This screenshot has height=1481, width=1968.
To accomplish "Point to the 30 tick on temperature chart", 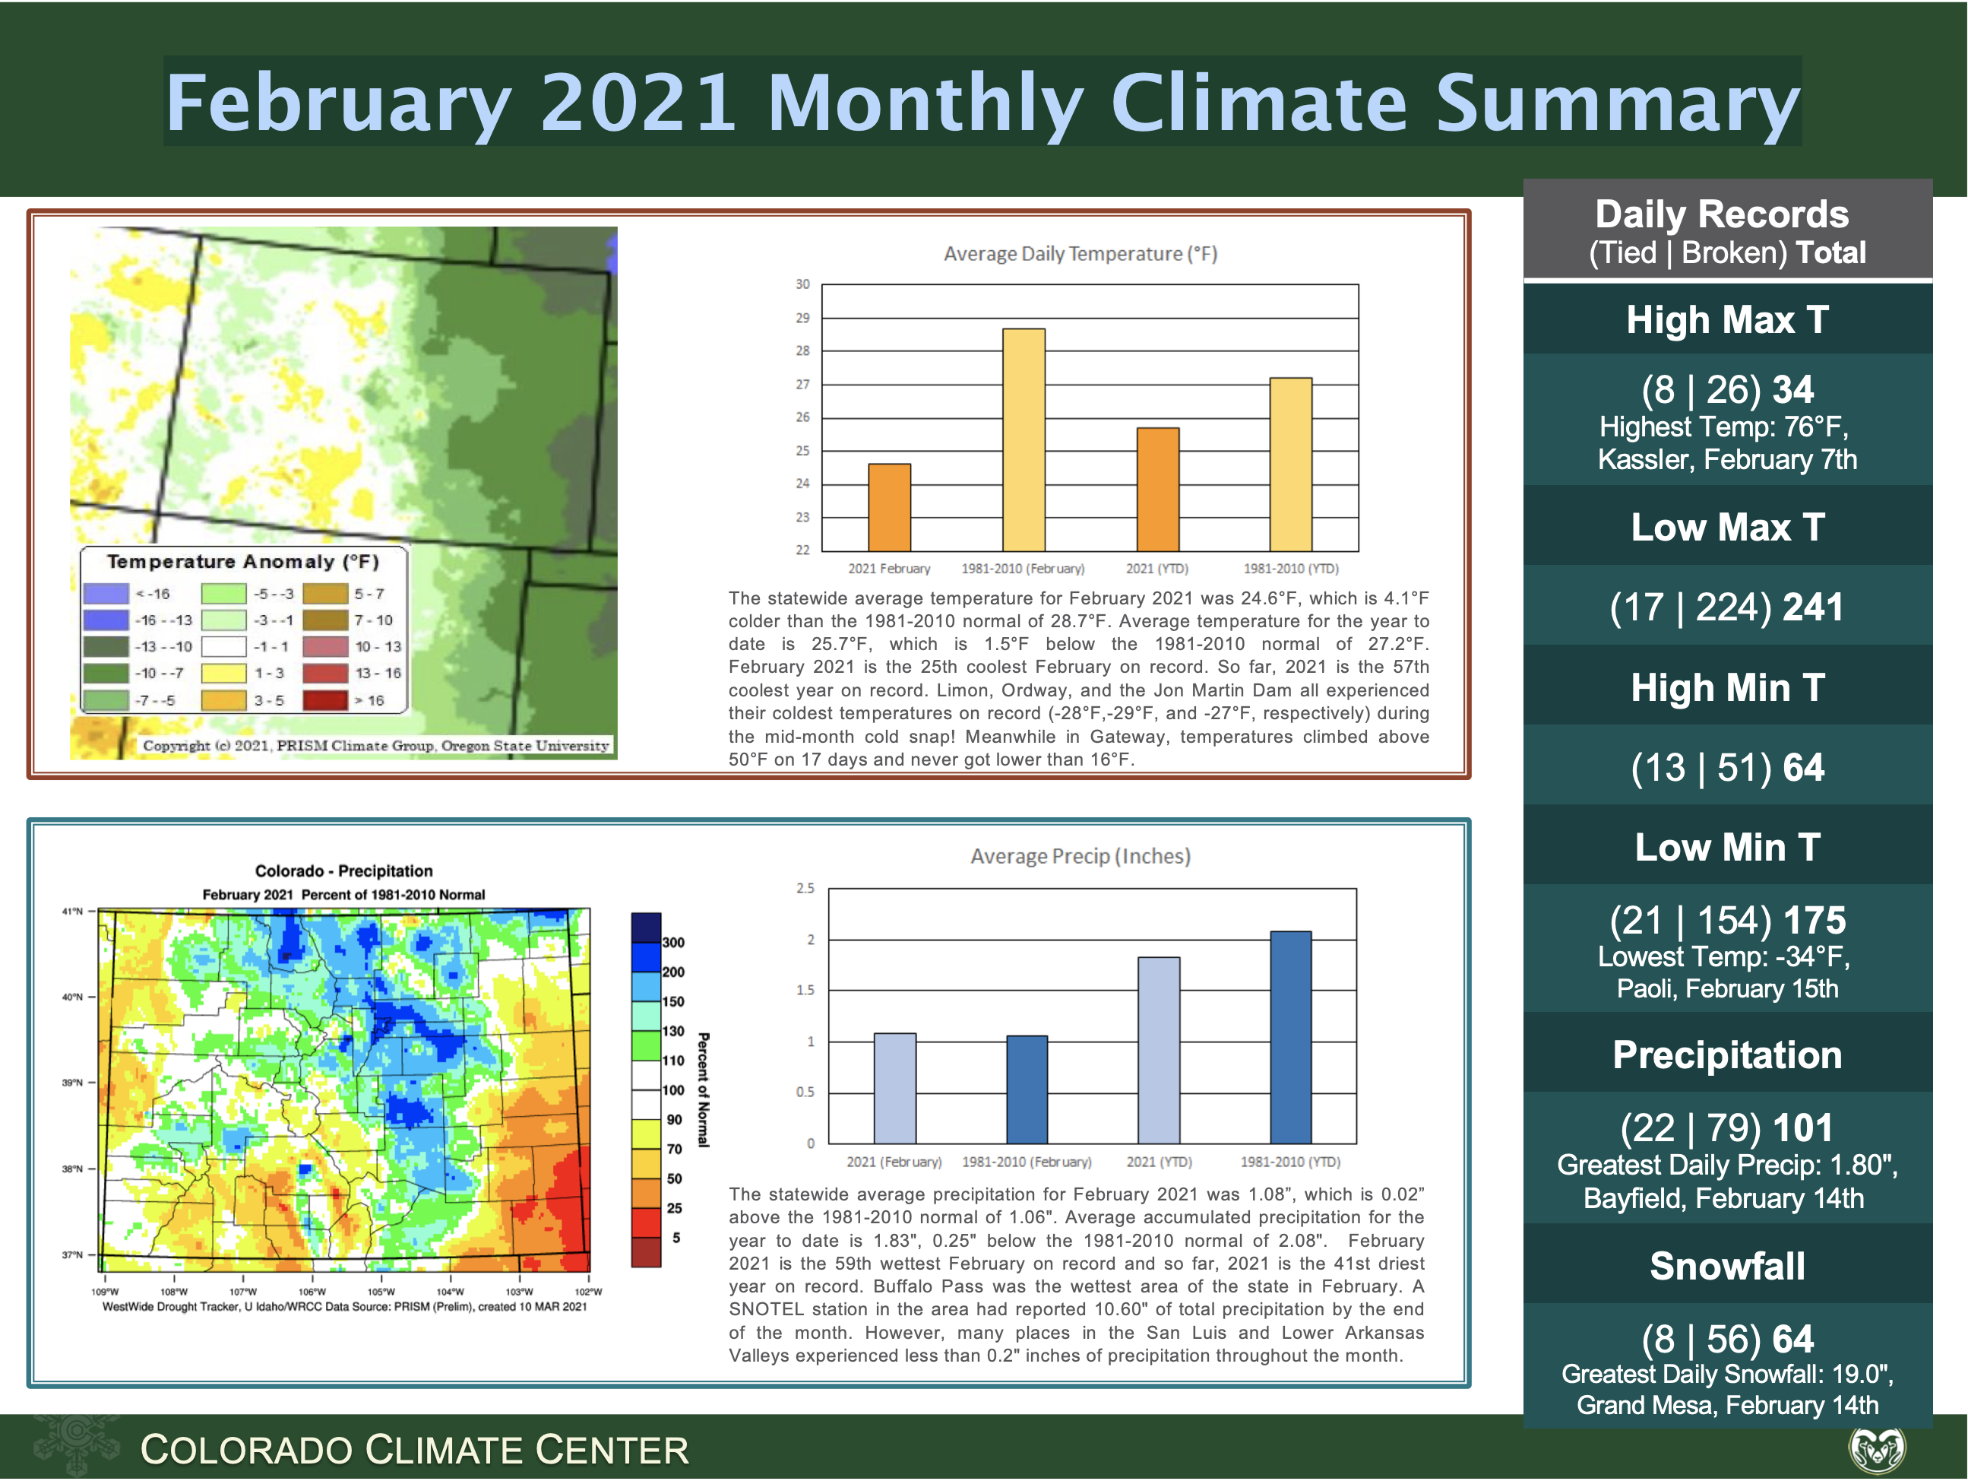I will click(x=802, y=284).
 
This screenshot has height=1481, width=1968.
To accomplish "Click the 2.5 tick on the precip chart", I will click(x=805, y=888).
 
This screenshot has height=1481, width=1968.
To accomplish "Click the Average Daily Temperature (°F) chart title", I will click(x=1080, y=254).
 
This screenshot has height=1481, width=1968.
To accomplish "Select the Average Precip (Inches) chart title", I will click(x=1080, y=856).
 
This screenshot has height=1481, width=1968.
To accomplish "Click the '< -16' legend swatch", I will click(x=105, y=594).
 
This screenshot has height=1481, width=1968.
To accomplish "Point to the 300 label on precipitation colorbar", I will click(x=673, y=943).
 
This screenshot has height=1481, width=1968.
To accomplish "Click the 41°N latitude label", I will click(x=72, y=912).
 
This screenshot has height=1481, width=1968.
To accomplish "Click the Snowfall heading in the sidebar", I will click(x=1727, y=1266).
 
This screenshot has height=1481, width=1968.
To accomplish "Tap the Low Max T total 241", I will click(x=1812, y=607).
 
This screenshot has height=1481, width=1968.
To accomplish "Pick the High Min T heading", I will click(x=1727, y=687).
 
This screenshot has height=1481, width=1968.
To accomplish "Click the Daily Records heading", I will click(x=1722, y=214).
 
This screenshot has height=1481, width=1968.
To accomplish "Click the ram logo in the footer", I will click(x=1878, y=1448).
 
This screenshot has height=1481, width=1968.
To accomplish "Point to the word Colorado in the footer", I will click(x=245, y=1450).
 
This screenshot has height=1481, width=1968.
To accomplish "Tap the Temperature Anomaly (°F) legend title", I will click(x=243, y=562).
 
